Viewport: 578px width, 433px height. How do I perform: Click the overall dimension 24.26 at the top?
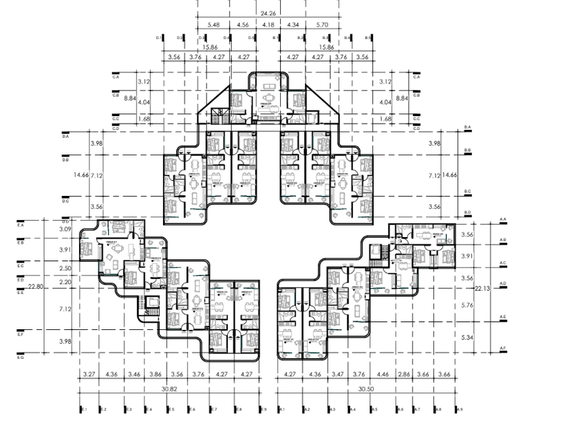pyautogui.click(x=268, y=12)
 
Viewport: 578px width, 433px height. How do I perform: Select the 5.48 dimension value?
pyautogui.click(x=213, y=25)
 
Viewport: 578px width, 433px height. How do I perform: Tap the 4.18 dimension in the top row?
pyautogui.click(x=268, y=25)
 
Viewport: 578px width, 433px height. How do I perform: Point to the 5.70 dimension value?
pyautogui.click(x=321, y=25)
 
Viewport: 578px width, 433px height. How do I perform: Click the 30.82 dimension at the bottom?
pyautogui.click(x=169, y=389)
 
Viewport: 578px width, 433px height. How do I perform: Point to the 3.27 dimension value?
pyautogui.click(x=88, y=375)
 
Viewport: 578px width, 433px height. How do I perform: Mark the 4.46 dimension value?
pyautogui.click(x=383, y=375)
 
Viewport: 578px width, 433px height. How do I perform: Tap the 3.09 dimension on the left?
pyautogui.click(x=65, y=229)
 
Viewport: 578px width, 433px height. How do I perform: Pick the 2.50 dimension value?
pyautogui.click(x=65, y=267)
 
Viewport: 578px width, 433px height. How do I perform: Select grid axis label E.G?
pyautogui.click(x=21, y=358)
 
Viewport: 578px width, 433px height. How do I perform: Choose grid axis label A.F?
pyautogui.click(x=503, y=351)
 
